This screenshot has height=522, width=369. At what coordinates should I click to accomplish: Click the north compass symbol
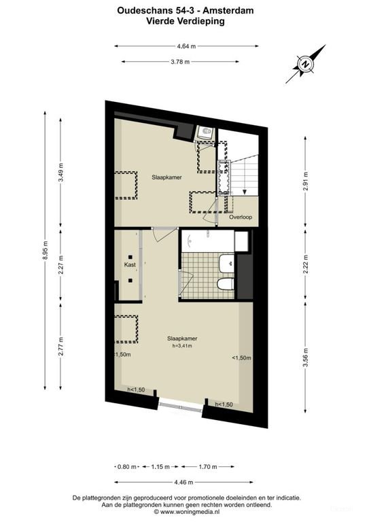coord(306,65)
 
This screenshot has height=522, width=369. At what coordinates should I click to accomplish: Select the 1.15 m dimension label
coord(160,467)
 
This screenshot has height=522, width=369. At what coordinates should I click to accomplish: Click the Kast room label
coord(128,264)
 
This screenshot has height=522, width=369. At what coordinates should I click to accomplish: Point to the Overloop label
coord(241,217)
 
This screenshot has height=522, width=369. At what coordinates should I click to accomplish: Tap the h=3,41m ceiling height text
coord(182,346)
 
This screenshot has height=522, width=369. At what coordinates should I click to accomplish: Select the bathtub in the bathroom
coord(207,240)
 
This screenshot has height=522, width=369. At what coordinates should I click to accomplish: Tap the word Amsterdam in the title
coord(219,10)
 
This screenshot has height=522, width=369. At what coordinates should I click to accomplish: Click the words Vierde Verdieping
coord(185,21)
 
